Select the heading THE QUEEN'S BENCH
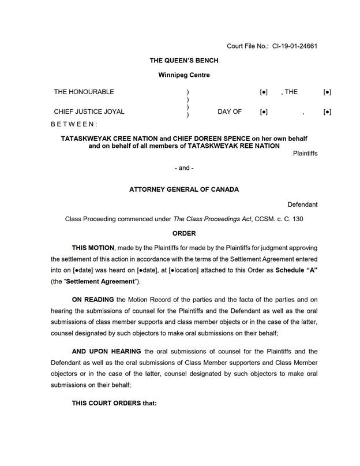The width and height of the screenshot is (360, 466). coord(183,61)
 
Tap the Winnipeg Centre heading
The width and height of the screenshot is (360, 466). coord(183,75)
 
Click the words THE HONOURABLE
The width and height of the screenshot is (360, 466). coord(84,92)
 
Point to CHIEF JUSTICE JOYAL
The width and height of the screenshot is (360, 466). coord(89,111)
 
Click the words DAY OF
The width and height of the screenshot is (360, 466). coord(229,111)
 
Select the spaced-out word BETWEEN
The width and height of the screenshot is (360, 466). coord(74,124)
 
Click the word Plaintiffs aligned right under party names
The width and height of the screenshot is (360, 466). coord(305,154)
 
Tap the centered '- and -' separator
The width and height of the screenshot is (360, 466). coord(183,168)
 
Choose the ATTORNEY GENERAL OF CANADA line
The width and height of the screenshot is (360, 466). coord(183,189)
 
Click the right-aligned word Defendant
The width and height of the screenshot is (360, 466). coord(302,204)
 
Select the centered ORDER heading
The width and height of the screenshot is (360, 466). coord(184,233)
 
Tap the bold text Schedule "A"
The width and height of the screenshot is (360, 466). coord(297,270)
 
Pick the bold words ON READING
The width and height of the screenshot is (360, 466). coord(93,300)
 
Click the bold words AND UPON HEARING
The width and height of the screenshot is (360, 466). coord(106,352)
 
